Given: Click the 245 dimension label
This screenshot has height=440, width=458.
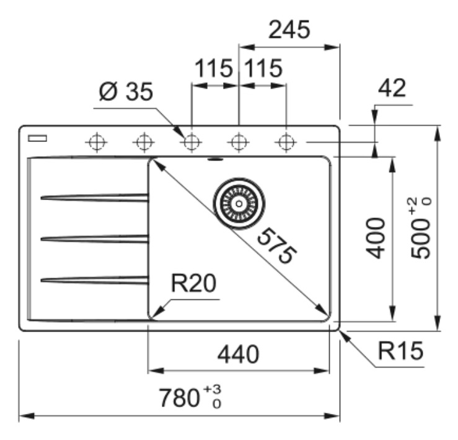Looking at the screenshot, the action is coord(289,30).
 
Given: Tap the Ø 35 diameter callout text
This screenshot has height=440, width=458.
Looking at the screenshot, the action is coord(126,92).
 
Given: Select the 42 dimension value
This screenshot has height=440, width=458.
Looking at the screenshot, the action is coord(392,87).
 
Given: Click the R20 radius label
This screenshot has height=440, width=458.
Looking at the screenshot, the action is coord(193,283).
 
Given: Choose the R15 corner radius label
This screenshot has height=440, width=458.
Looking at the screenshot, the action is coord(400,350).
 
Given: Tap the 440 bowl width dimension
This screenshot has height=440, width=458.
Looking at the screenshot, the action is coord(239,354).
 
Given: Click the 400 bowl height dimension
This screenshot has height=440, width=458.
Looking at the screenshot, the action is coord(376,238).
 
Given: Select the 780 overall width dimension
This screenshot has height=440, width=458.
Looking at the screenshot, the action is coord(190,397).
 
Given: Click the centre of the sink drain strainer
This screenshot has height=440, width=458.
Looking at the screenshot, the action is coord(239,204).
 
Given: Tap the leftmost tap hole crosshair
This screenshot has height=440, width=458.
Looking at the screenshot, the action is coord(97,143).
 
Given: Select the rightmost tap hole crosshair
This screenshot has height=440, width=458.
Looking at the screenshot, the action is coord(286,143).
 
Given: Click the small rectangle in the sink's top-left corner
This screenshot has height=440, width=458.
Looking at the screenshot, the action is coord(37,138).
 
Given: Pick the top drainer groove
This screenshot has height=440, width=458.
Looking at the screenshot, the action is coord(94,198).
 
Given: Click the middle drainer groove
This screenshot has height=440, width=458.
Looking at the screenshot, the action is coord(94,239).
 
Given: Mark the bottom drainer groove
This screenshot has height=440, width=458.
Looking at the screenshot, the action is coord(94,280).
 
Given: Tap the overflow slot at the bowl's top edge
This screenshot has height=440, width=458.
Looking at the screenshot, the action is coord(215,159).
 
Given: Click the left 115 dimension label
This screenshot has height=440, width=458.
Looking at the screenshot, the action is coord(214,68).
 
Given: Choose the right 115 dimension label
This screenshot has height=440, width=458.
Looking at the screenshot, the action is coord(263,68).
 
